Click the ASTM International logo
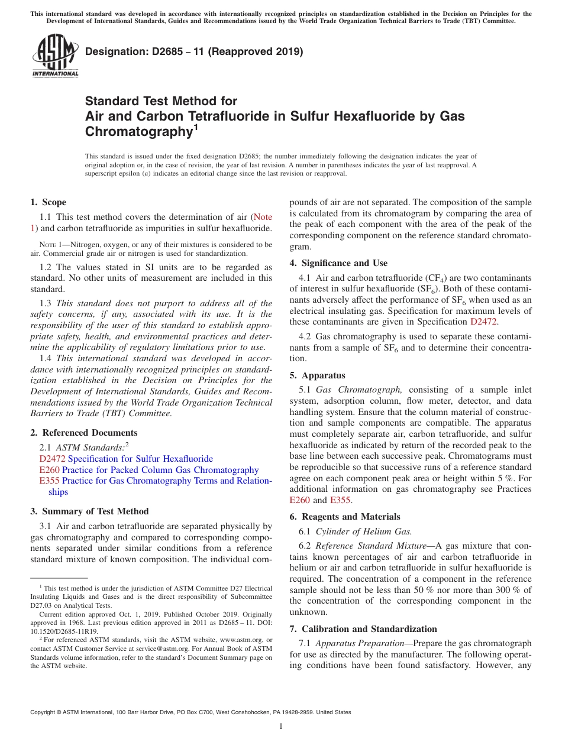(x=55, y=56)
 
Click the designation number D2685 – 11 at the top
(x=194, y=51)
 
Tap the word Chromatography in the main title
(x=140, y=131)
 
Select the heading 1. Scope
(x=48, y=202)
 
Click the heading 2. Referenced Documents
(x=83, y=433)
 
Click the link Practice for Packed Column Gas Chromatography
(x=160, y=470)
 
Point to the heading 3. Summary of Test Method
(x=89, y=511)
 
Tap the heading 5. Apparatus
(x=317, y=375)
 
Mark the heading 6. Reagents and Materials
(x=344, y=517)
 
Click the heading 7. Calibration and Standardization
(x=363, y=629)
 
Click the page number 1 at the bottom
(x=281, y=727)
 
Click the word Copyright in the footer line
(x=44, y=712)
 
